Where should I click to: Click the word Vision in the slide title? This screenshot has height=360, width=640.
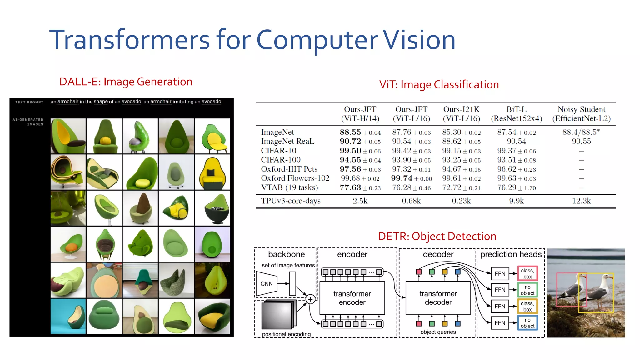pos(419,40)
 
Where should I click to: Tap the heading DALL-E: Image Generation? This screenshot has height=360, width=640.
pos(126,82)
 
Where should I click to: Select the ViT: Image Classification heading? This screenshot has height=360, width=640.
pos(439,85)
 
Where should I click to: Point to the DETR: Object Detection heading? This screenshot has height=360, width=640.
pos(437,236)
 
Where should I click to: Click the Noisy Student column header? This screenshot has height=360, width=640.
pos(581,114)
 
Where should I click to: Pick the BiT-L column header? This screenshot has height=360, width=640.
pos(516,114)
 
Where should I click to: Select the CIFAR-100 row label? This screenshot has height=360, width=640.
pos(281,160)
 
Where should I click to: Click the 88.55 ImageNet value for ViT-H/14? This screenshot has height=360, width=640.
pos(350,132)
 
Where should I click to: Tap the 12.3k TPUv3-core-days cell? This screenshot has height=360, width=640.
pos(581,201)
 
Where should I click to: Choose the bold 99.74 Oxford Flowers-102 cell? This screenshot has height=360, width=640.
pos(402,178)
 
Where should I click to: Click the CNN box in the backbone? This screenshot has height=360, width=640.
pos(267,284)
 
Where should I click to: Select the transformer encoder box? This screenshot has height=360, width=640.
pos(352,298)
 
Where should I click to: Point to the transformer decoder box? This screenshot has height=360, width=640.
pos(438,298)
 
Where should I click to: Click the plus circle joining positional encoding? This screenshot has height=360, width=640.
pos(310,299)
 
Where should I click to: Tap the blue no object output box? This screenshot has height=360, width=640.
pos(527,323)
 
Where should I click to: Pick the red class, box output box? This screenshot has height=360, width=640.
pos(527,273)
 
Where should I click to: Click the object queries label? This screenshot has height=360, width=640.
pos(438,332)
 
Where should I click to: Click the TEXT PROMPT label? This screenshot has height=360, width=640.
pos(29,102)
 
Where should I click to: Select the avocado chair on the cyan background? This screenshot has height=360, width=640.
pos(68,316)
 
